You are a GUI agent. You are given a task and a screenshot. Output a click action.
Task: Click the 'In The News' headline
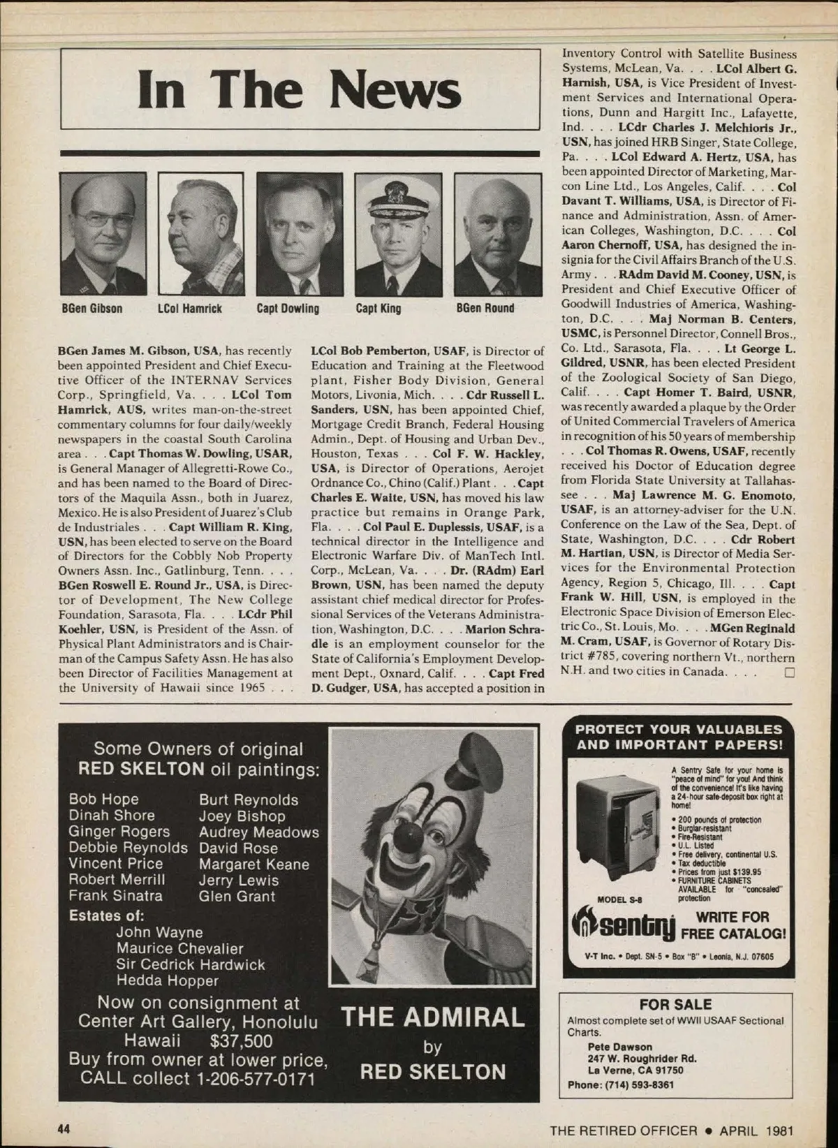tap(300, 91)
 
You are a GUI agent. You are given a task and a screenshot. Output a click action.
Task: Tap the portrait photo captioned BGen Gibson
tap(103, 234)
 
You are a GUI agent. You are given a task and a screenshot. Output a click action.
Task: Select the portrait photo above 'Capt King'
tap(398, 234)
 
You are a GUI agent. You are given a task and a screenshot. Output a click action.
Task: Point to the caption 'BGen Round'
tap(485, 309)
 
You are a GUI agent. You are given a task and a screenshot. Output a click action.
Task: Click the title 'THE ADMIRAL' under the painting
tap(432, 1017)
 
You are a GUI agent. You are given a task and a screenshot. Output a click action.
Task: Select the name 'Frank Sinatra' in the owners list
tap(115, 896)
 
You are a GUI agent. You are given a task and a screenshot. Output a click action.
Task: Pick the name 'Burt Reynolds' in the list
tap(248, 800)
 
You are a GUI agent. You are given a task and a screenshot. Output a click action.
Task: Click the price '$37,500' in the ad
tap(240, 1041)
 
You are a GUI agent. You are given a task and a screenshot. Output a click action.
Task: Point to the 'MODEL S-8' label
tap(621, 899)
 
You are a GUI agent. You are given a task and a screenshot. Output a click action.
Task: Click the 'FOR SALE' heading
tap(675, 1004)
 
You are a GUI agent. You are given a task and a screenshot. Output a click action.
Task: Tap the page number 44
tap(64, 1129)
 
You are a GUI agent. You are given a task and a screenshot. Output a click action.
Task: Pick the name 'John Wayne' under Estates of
tap(159, 932)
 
